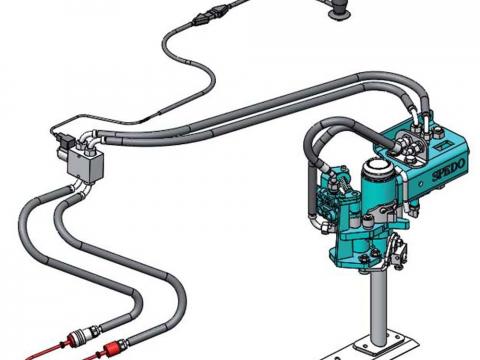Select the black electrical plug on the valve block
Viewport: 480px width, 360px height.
tap(65, 139)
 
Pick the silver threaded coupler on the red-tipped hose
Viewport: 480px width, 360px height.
tap(87, 332)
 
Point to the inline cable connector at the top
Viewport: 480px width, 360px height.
tap(211, 16)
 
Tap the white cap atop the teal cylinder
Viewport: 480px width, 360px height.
tap(377, 167)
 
